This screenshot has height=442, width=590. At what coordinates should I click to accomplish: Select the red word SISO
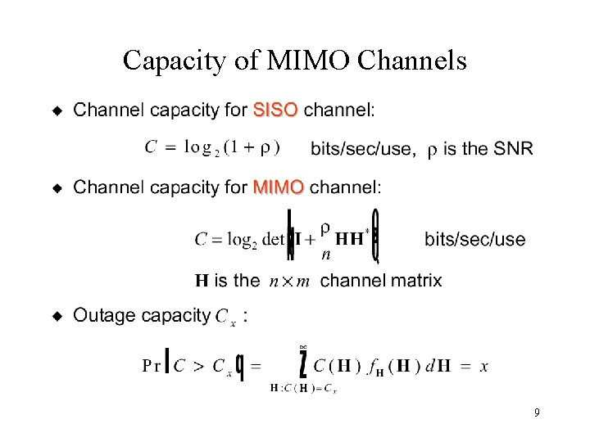275,109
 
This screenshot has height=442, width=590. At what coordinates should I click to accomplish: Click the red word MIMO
279,187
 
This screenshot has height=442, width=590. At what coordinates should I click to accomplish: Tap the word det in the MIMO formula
274,240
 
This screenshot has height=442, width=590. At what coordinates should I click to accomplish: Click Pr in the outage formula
152,366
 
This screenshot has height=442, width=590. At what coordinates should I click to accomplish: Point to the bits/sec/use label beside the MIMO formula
474,239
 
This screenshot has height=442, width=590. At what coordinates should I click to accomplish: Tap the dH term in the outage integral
442,366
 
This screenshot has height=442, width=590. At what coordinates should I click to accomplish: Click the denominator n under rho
325,255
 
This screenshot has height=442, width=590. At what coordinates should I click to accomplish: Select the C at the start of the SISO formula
151,147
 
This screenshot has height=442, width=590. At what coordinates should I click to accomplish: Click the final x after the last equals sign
484,367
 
